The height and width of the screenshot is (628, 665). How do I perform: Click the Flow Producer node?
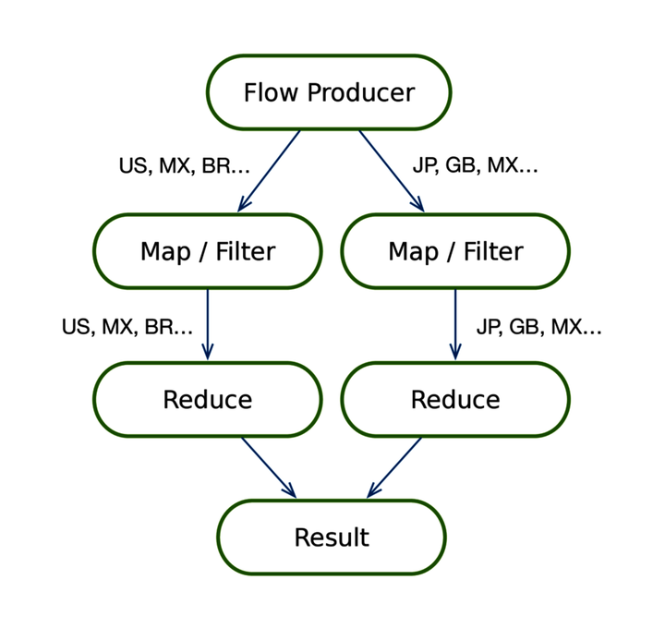328,92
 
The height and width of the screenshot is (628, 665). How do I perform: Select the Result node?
331,537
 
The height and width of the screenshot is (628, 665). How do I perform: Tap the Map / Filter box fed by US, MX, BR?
207,251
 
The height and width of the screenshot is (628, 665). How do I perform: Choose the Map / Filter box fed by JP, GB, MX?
454,251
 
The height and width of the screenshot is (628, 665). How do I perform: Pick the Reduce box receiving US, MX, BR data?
207,400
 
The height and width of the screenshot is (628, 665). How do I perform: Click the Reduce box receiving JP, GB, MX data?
454,400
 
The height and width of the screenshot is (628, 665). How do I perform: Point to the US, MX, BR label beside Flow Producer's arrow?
184,166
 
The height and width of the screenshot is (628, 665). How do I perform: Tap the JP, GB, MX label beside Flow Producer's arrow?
475,166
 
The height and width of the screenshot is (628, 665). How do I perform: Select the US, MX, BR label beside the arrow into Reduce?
127,327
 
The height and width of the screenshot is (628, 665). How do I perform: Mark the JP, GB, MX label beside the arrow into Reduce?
538,327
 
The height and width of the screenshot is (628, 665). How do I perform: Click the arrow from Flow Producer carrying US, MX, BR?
270,170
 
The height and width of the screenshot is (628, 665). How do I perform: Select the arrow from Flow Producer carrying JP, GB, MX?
391,170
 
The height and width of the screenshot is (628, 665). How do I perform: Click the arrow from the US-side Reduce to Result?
268,466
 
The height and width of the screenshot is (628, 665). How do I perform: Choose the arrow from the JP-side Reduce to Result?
394,466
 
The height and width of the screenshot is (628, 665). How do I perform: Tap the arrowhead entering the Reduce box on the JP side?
454,352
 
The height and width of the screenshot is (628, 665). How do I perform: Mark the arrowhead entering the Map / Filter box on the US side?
244,205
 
